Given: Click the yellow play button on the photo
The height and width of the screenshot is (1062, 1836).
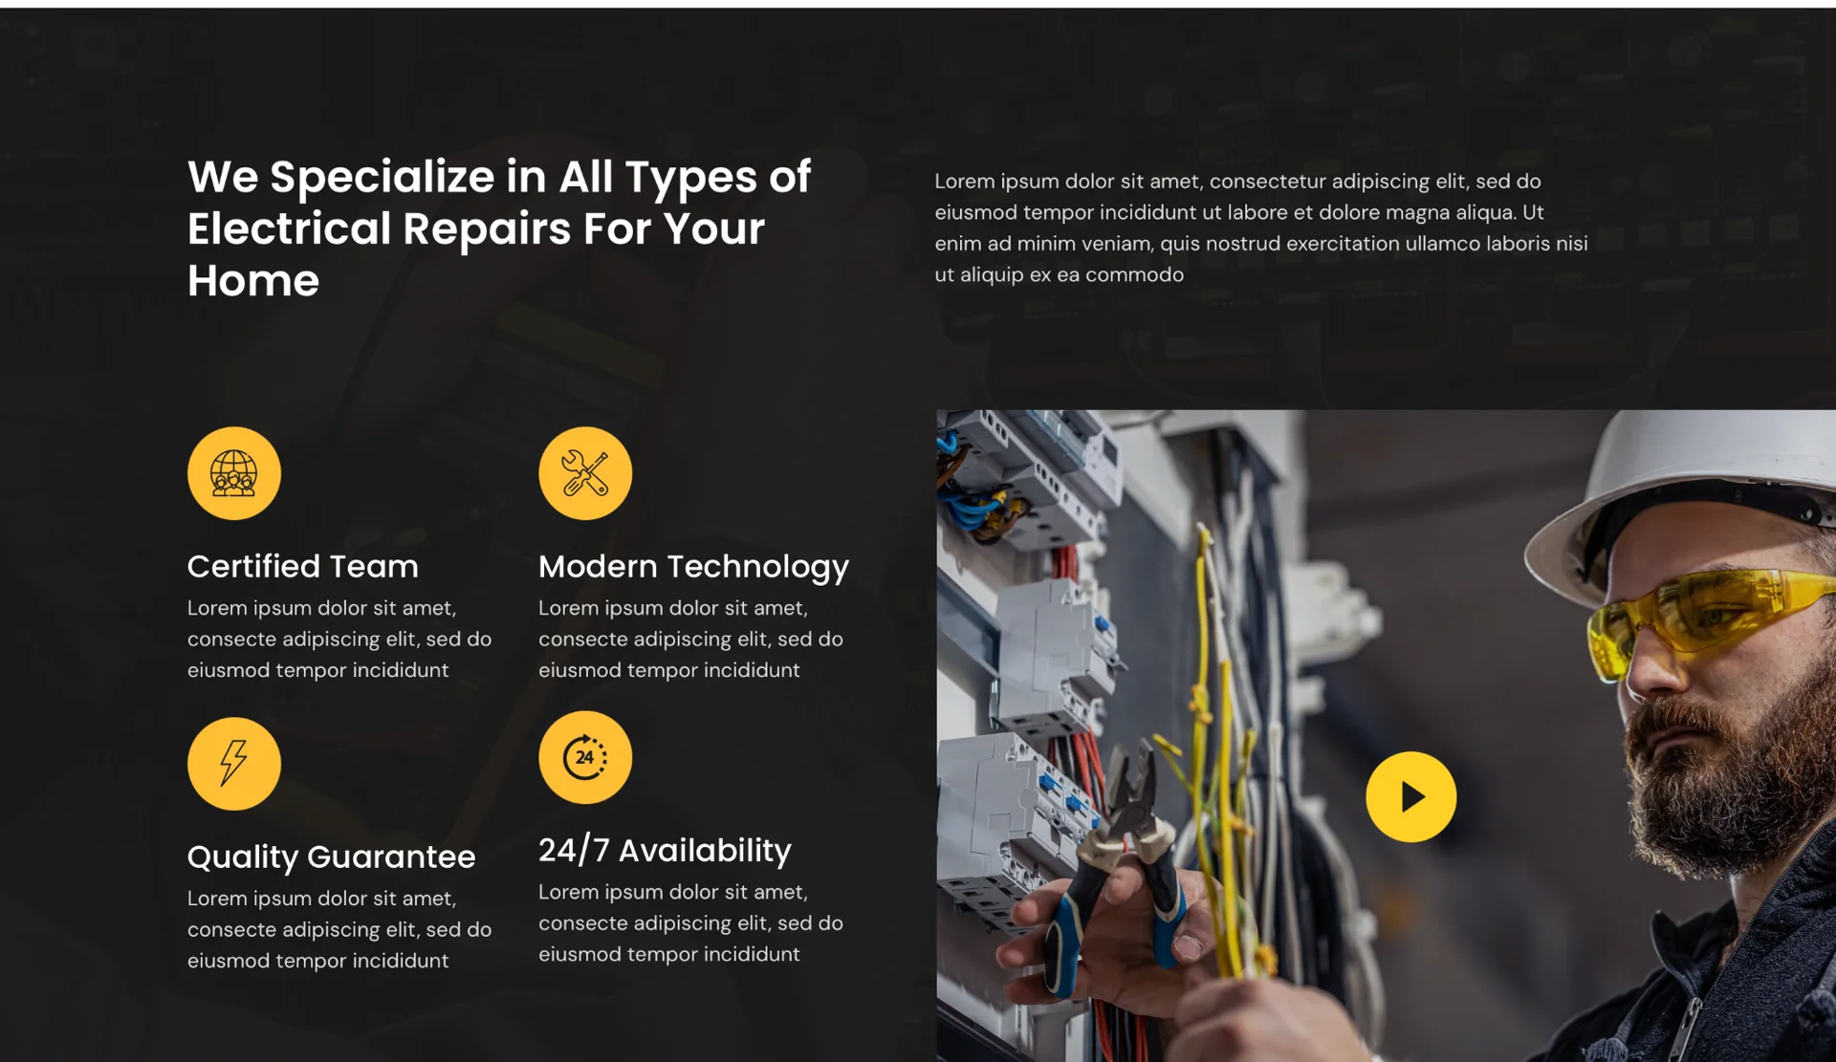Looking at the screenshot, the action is point(1410,796).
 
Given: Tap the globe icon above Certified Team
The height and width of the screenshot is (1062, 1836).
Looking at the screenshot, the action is point(234,473).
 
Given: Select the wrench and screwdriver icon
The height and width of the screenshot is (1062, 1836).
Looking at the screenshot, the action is point(585,473).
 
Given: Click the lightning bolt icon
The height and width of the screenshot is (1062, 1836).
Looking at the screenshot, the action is point(234,764).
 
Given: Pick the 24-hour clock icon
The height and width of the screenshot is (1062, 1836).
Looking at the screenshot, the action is point(585,757).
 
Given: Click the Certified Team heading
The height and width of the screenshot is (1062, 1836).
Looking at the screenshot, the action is point(303,566).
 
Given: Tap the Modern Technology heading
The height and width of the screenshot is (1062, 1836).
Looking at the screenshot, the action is point(693,567).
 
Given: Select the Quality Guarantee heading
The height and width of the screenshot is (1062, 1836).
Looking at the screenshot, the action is point(331,857).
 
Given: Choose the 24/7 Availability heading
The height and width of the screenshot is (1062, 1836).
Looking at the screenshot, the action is point(665,850).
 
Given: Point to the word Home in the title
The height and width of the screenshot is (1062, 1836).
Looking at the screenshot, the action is point(253,281).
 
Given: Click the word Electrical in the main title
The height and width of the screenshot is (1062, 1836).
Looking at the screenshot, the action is point(290,228).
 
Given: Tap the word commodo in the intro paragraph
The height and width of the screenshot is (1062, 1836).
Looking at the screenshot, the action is point(1134,275).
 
